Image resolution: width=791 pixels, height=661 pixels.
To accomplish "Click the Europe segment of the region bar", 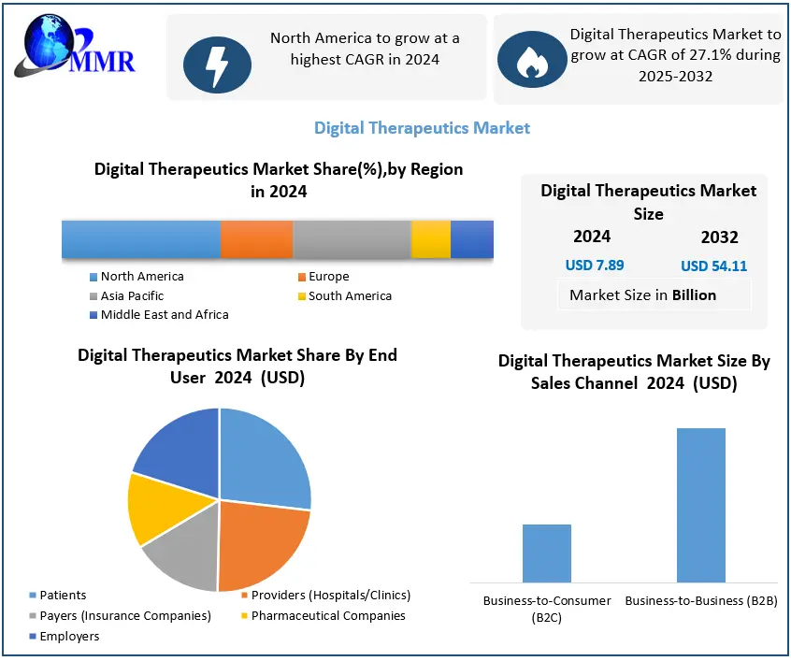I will coord(256,239).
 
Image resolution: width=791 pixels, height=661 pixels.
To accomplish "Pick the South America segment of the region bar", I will coord(430,239).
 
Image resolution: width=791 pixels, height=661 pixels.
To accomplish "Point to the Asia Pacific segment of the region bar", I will coord(352,239).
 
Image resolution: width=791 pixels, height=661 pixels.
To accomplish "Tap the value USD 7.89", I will coord(594,266).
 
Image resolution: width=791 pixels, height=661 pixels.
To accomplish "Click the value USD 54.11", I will coord(713,266).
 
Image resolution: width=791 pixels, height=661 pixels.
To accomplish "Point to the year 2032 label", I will coord(719,237).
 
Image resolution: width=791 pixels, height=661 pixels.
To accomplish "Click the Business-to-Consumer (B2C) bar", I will coord(546,553).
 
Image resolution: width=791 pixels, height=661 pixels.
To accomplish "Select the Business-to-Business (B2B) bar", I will coord(700,505).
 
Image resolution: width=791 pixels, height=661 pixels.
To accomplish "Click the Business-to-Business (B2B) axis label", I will coord(700,600).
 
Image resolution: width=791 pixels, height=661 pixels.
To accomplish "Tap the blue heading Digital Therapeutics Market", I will coord(422,128).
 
